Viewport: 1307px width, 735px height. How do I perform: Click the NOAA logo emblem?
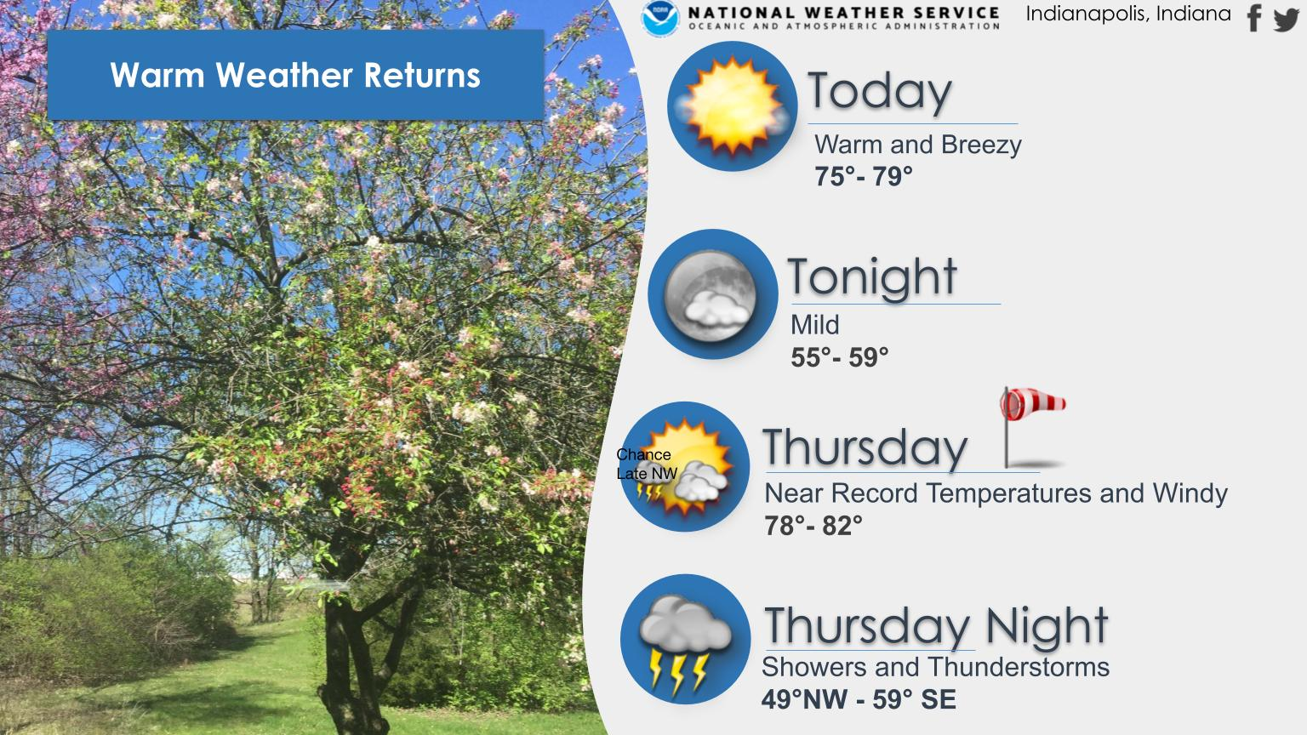660,18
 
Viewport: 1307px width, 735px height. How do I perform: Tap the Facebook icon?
1254,18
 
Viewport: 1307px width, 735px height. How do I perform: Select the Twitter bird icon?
1286,20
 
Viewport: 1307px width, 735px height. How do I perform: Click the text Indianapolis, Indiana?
1128,14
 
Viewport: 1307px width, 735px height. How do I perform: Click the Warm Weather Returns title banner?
296,75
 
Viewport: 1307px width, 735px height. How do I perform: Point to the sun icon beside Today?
733,106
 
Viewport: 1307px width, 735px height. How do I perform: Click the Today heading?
879,92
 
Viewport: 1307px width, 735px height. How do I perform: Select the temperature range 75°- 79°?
864,176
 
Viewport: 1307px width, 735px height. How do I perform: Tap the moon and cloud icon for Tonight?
712,294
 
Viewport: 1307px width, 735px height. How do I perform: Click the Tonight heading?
871,277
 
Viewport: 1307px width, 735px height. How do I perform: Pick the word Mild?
814,325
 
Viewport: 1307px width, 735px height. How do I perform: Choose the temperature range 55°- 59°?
839,357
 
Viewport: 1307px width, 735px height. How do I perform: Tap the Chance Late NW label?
647,464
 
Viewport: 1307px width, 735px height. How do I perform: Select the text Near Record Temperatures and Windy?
996,493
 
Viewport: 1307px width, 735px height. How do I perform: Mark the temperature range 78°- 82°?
813,526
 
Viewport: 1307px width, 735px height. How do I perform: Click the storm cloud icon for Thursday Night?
685,640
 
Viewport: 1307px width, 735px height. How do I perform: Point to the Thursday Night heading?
936,626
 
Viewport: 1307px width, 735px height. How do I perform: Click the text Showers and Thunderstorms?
935,667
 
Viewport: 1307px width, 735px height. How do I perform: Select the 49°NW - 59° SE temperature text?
859,699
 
